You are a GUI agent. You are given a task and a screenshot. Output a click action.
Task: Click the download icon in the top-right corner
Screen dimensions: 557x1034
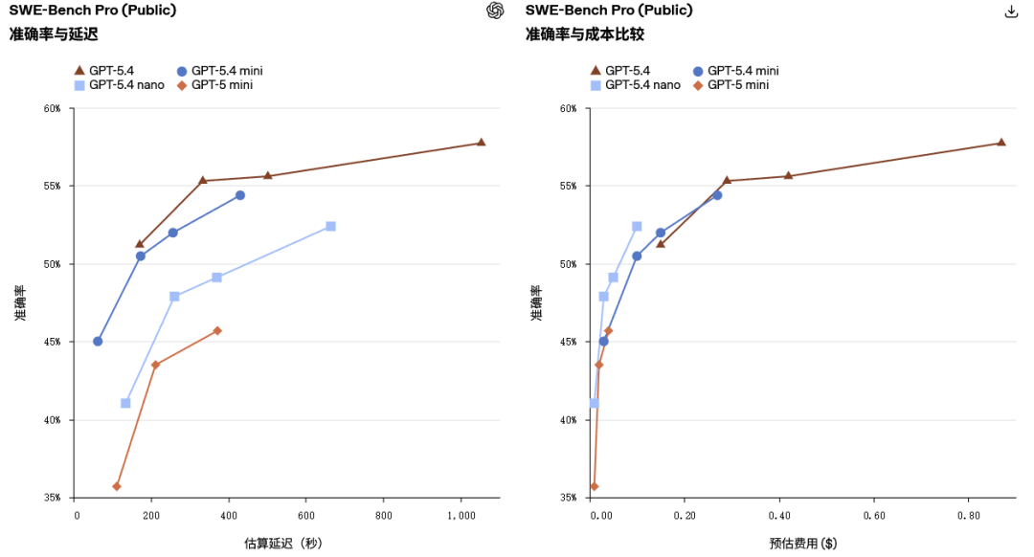(x=1010, y=11)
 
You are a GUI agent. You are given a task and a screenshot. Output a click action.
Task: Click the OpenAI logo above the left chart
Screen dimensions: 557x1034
(x=495, y=11)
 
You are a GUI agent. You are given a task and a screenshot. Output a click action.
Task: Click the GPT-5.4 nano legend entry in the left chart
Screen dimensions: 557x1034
(x=119, y=85)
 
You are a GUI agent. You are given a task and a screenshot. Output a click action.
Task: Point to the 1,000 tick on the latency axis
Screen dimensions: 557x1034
(x=461, y=515)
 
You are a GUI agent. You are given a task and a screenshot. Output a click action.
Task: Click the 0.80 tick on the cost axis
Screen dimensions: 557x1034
(x=967, y=515)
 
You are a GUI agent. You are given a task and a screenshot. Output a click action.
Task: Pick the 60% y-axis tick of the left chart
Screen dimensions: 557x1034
(x=52, y=108)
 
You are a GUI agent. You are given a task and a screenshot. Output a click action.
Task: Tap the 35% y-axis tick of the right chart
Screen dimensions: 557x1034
(x=568, y=498)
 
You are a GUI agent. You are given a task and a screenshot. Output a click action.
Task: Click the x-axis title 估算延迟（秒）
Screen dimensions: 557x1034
(x=283, y=544)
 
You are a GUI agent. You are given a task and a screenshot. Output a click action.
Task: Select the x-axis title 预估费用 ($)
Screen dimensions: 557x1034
(x=802, y=544)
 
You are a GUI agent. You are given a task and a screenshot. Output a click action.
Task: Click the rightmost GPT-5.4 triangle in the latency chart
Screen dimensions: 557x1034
(x=481, y=143)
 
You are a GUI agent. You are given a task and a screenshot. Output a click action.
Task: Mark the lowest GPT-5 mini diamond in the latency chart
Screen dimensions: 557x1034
(x=117, y=486)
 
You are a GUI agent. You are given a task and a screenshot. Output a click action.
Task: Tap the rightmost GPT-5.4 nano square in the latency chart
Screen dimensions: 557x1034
(x=330, y=226)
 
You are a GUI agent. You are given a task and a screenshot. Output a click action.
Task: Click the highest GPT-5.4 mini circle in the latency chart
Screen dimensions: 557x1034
(x=239, y=195)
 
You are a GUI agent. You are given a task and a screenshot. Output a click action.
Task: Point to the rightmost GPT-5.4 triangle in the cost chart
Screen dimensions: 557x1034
(x=1000, y=143)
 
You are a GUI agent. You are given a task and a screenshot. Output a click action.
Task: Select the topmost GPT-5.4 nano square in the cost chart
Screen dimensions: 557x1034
(x=637, y=226)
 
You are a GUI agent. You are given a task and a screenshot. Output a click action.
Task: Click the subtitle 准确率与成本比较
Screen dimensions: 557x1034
(x=584, y=34)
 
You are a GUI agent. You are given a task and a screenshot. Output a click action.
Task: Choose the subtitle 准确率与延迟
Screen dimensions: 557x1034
(x=54, y=34)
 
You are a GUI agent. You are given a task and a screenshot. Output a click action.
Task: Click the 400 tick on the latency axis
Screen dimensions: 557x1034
(x=230, y=515)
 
